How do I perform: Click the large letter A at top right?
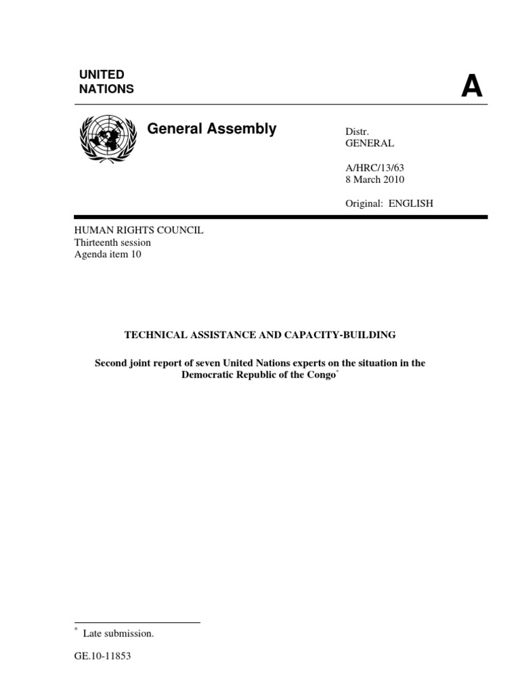[x=472, y=87]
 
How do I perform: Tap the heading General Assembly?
[x=212, y=129]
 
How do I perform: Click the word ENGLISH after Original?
[x=411, y=203]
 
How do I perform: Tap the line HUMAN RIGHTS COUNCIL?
[x=139, y=230]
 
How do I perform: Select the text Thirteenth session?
[x=112, y=243]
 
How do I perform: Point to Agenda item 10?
[x=108, y=255]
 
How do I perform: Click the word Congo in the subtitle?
[x=321, y=375]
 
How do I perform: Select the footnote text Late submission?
[x=118, y=634]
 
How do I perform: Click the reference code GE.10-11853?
[x=102, y=657]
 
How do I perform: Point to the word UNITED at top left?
[x=102, y=75]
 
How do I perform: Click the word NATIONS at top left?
[x=106, y=89]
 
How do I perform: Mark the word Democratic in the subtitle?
[x=206, y=375]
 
